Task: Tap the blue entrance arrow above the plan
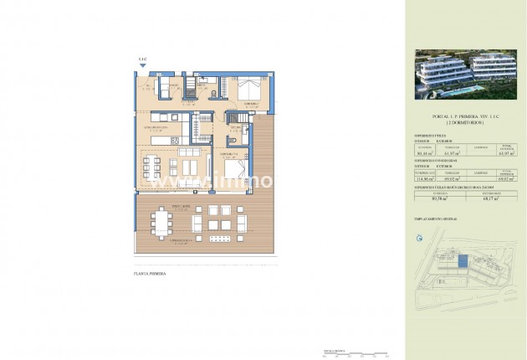(141, 68)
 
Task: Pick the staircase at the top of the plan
(190, 88)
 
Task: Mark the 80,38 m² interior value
(434, 199)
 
